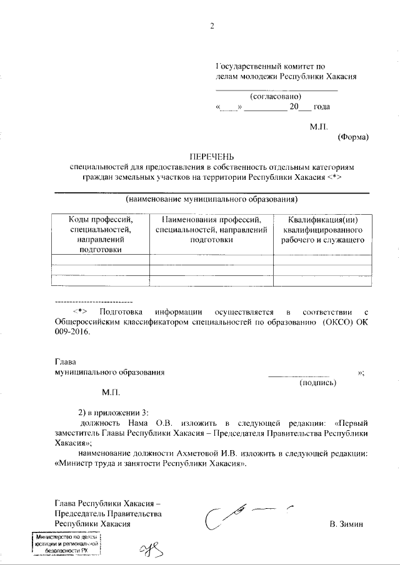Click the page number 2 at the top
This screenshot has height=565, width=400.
(x=212, y=26)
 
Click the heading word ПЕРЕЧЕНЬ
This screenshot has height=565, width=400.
(x=211, y=157)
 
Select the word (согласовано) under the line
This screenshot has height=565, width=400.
(x=275, y=96)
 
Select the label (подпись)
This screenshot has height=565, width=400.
(x=318, y=381)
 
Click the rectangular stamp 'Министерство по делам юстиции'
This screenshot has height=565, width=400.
(x=66, y=544)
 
